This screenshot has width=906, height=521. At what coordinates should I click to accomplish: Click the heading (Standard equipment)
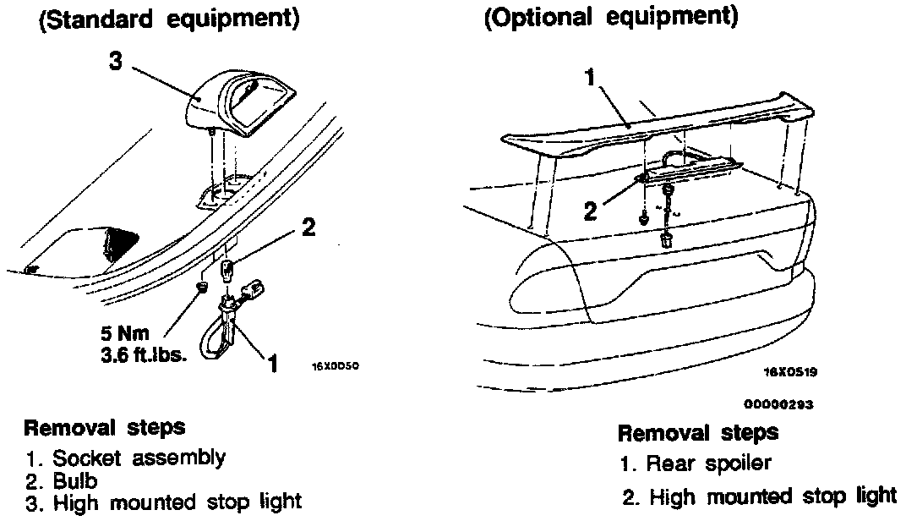[169, 20]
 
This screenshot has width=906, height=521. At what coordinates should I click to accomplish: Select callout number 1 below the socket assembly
[272, 365]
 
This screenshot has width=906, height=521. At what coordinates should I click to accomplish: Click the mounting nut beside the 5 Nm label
[202, 288]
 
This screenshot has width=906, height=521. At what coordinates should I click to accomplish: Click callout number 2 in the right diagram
[591, 210]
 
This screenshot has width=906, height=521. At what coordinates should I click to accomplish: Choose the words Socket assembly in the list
[139, 459]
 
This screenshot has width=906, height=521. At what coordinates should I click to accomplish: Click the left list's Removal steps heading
[105, 426]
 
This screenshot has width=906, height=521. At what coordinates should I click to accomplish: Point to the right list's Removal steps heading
[698, 433]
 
